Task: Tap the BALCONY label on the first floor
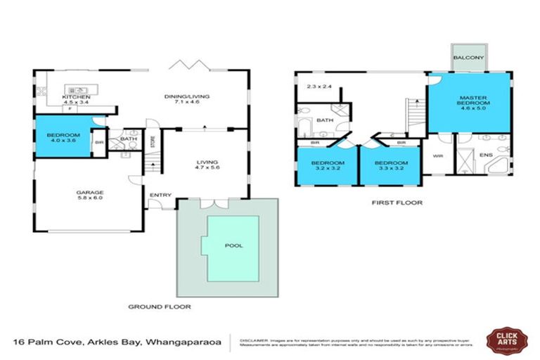point(467,58)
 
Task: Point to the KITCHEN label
point(76,96)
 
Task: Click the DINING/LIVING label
point(187,96)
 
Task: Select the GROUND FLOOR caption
point(160,307)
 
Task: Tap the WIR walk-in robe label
point(437,155)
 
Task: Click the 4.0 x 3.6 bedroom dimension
point(63,141)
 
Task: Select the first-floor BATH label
point(324,120)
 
